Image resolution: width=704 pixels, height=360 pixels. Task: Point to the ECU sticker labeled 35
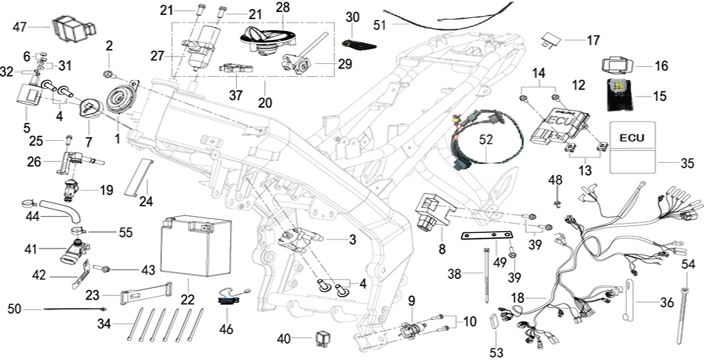point(632,147)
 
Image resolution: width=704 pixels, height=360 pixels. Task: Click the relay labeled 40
point(320,338)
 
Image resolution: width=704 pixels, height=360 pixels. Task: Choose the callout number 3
point(353,240)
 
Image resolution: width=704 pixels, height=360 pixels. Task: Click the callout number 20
point(265,103)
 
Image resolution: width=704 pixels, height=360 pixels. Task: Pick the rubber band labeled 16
point(618,66)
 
